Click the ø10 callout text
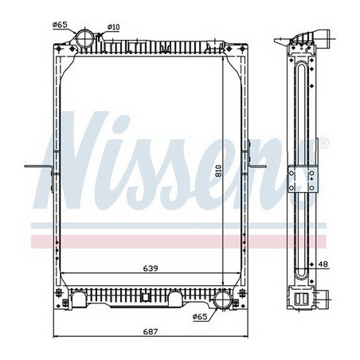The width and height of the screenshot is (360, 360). tap(114, 28)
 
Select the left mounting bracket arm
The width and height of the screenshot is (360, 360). tap(39, 167)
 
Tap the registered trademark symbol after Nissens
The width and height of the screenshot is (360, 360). tap(324, 143)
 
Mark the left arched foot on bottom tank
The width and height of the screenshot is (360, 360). tap(80, 301)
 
